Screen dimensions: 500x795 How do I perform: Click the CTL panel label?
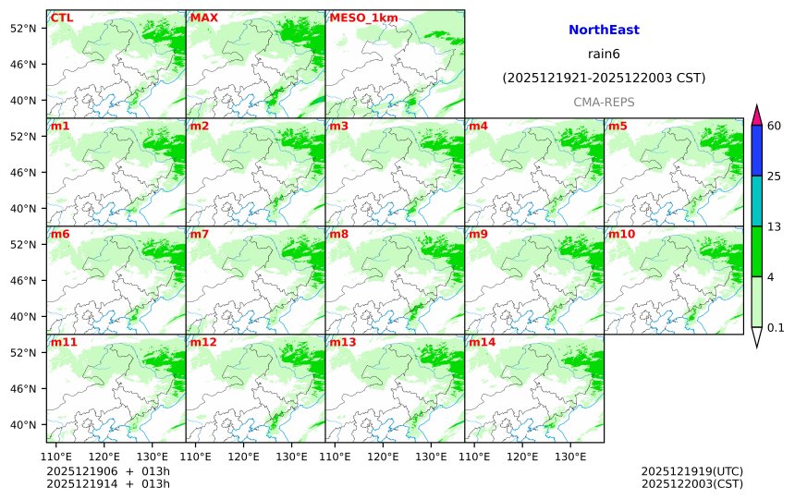(62, 18)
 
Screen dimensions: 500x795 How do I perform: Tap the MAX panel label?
(203, 18)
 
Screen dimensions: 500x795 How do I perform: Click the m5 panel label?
(618, 126)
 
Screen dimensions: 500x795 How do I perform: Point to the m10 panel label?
(621, 234)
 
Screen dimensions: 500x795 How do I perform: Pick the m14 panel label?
(482, 342)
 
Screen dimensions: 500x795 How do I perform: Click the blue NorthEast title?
(604, 30)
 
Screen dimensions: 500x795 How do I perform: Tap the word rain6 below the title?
(604, 55)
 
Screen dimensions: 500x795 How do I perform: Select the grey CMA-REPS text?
(604, 102)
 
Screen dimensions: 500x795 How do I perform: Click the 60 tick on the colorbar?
(775, 126)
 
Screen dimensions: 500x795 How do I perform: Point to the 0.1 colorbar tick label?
(776, 327)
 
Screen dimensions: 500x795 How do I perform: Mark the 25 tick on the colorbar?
(775, 177)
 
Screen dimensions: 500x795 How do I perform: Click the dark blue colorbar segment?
(756, 151)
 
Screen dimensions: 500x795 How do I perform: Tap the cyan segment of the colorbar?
(756, 201)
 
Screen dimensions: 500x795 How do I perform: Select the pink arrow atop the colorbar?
(756, 116)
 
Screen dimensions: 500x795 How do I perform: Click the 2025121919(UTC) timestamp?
(691, 471)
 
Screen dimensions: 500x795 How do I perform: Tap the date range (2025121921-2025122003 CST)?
(604, 79)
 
